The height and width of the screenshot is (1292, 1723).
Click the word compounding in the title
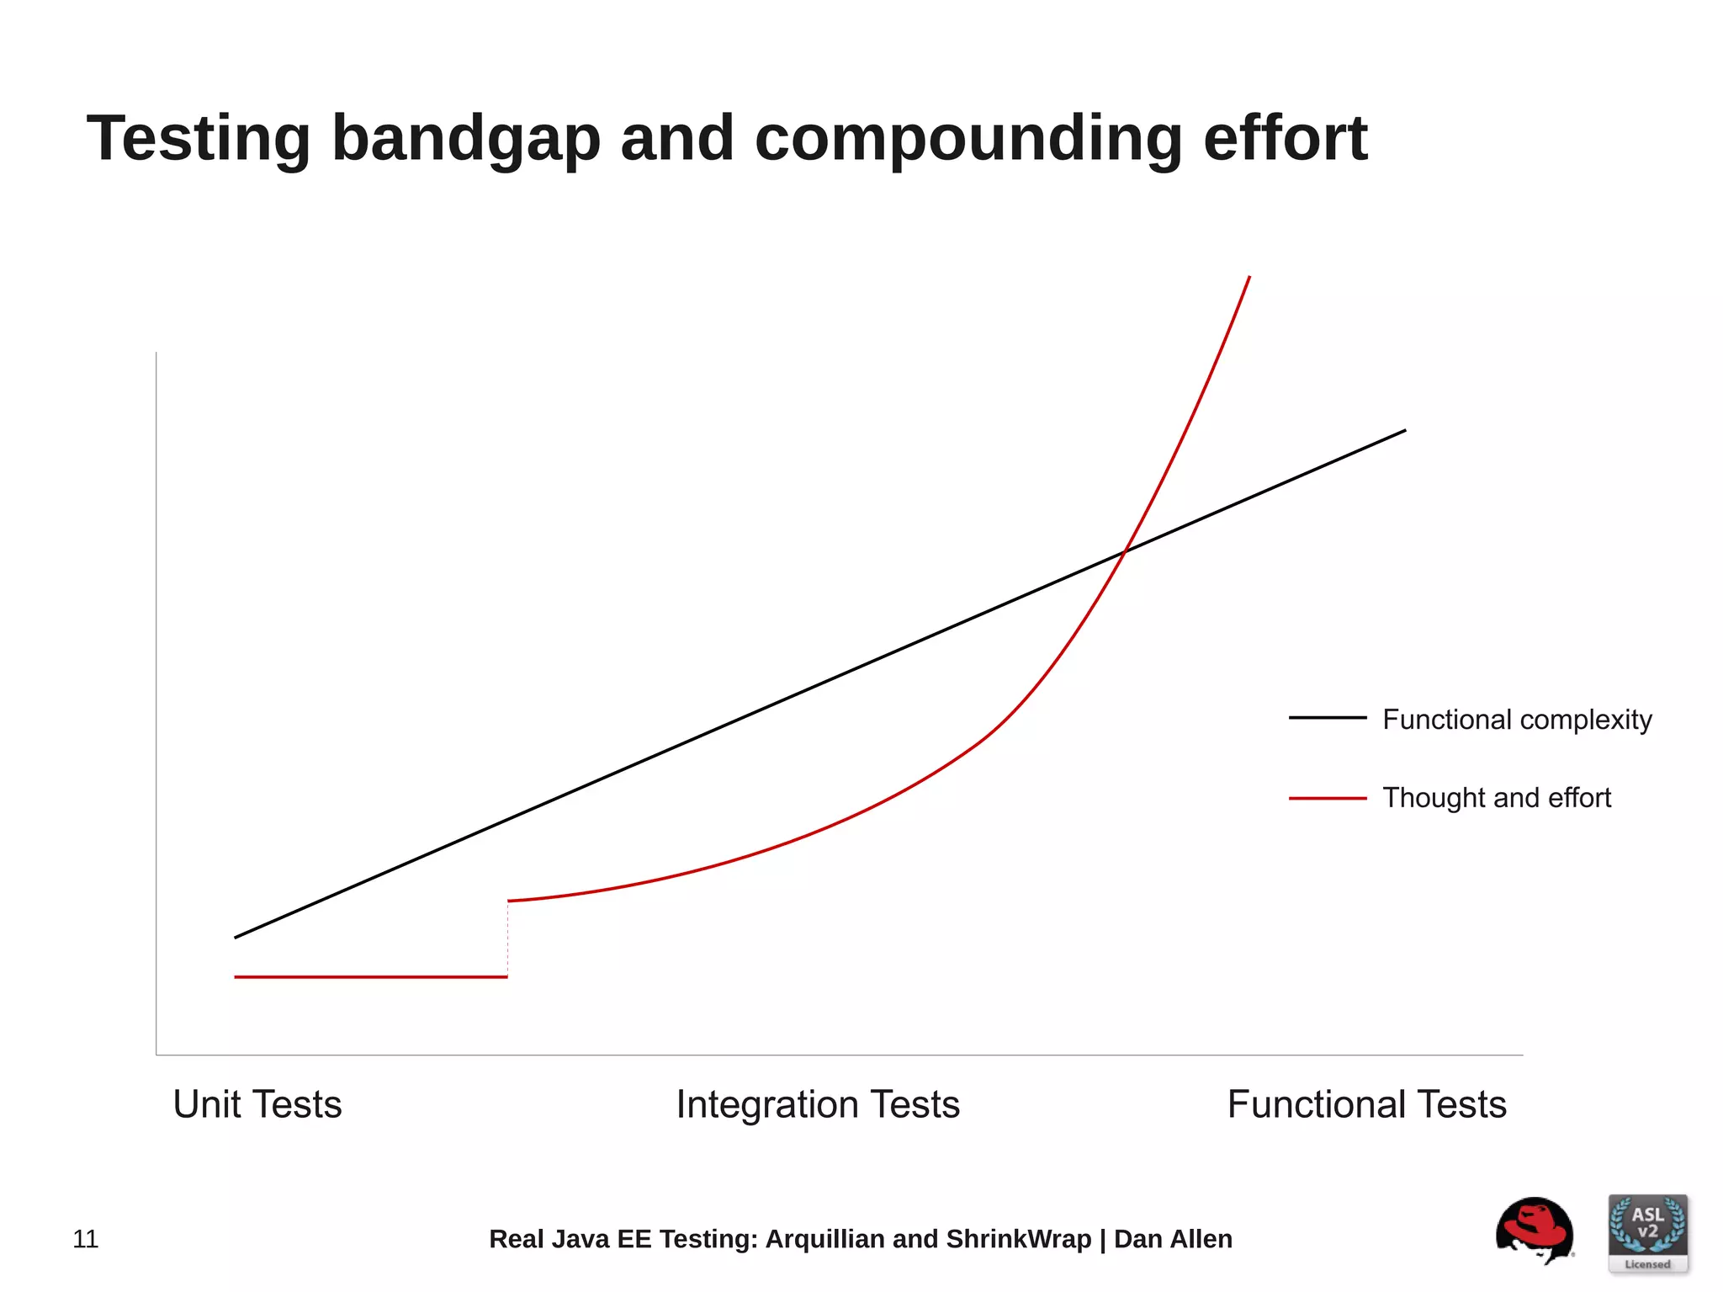(968, 139)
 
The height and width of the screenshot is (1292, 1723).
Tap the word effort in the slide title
(1285, 139)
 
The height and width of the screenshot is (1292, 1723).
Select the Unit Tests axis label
(257, 1104)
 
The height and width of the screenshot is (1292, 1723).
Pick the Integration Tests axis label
(818, 1104)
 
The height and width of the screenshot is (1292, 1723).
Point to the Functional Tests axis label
(1366, 1104)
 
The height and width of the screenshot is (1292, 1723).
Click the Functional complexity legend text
(1517, 720)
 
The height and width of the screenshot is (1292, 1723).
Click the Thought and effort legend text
(1497, 797)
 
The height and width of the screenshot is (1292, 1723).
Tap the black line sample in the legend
(1328, 718)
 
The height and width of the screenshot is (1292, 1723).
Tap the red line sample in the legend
(1328, 798)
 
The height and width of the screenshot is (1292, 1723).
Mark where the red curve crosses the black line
(1126, 551)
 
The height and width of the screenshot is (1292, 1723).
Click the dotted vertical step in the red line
(507, 939)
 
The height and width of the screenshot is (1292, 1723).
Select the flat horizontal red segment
(370, 977)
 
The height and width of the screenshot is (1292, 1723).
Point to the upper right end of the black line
(1404, 431)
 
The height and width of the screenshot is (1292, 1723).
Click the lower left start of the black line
(236, 937)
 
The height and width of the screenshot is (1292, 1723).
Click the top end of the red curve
(1249, 278)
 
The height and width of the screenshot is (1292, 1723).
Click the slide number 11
(86, 1239)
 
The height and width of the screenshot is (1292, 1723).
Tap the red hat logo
(1534, 1230)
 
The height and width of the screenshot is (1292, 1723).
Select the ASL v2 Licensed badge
(1647, 1233)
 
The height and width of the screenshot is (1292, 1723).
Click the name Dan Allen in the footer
(1173, 1239)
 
